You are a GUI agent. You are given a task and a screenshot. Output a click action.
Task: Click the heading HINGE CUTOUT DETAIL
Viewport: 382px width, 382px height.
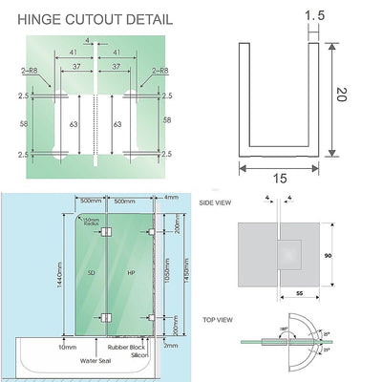pyautogui.click(x=91, y=19)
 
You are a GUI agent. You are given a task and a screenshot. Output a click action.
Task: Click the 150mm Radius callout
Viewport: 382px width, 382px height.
pyautogui.click(x=92, y=221)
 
